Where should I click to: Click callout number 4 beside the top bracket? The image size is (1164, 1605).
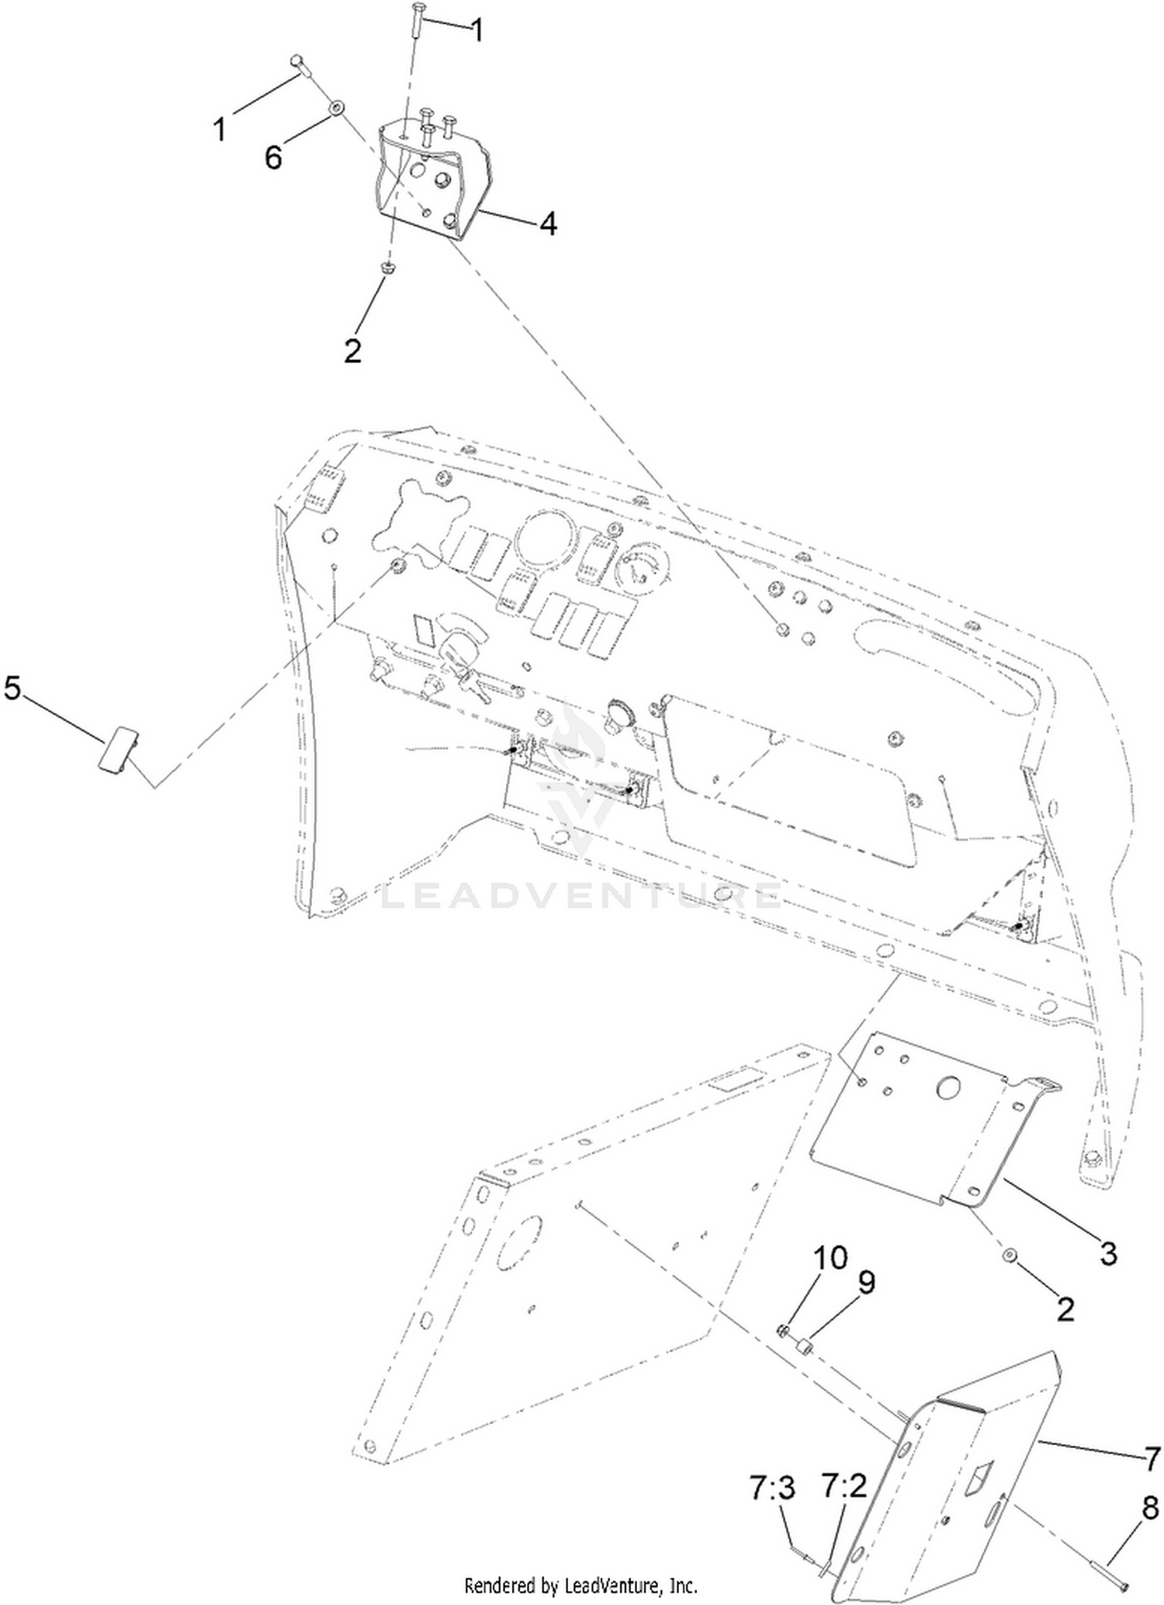[x=548, y=224]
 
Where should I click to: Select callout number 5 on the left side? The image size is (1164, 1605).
[x=12, y=688]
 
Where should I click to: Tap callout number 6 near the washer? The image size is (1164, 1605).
[x=273, y=158]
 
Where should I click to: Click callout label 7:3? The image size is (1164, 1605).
[x=774, y=1488]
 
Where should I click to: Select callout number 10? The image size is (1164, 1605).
[x=830, y=1257]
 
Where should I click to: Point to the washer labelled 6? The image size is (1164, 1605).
[x=336, y=107]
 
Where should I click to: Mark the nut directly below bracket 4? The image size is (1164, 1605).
[x=389, y=268]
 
